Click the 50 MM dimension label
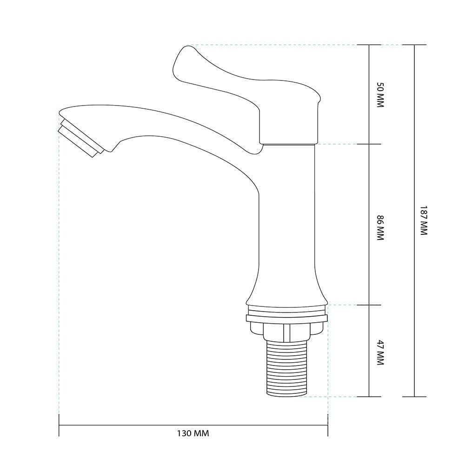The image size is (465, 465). [380, 94]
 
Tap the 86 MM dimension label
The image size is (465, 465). [380, 228]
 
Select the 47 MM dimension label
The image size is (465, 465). [380, 352]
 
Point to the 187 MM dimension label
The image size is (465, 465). [424, 220]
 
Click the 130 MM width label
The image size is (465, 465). [193, 433]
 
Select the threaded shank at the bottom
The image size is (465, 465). [286, 368]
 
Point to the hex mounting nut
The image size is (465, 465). [286, 332]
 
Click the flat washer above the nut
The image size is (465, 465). [287, 319]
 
